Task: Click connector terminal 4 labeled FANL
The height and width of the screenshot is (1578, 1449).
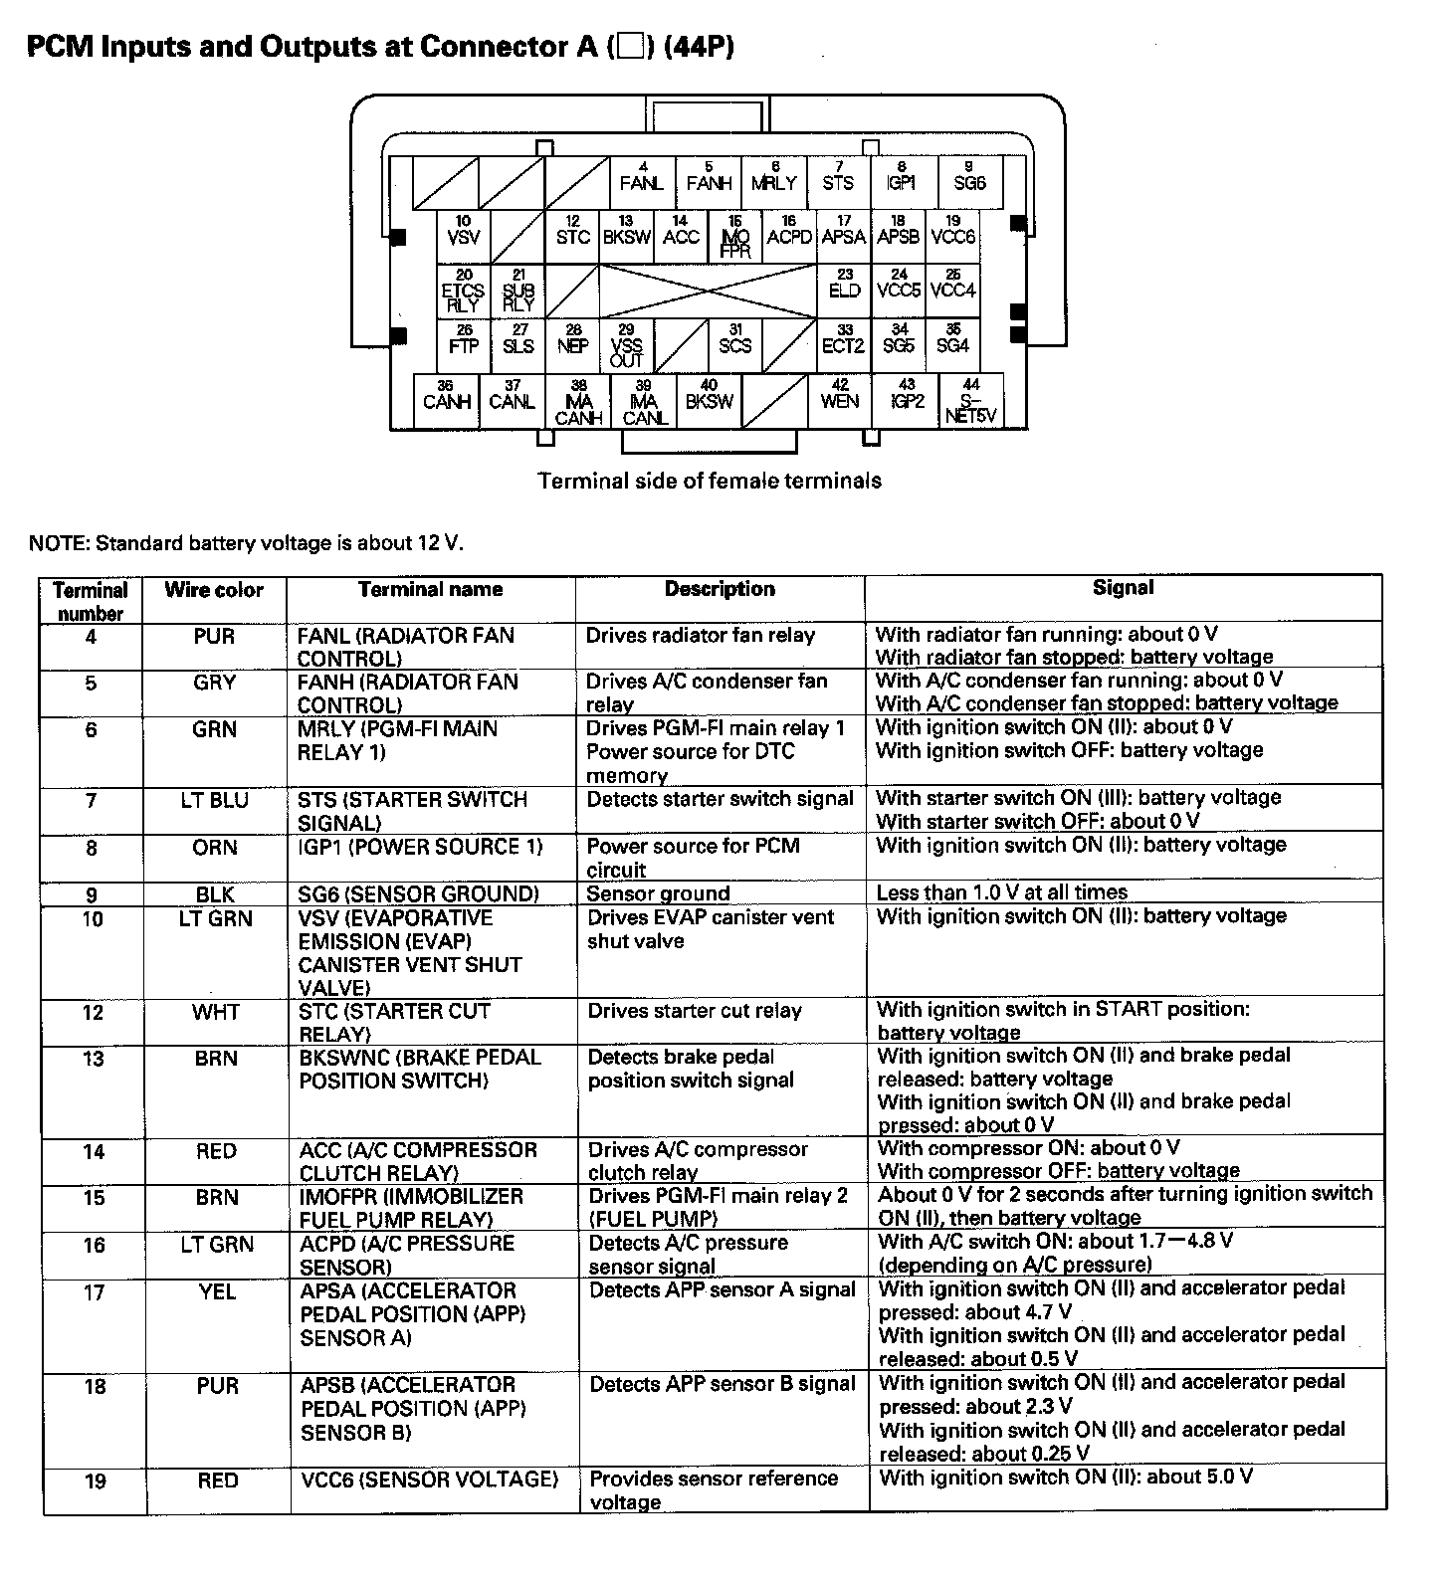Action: (642, 183)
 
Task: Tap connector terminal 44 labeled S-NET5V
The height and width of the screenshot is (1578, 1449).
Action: (971, 401)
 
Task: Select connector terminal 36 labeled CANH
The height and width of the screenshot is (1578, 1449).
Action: (446, 401)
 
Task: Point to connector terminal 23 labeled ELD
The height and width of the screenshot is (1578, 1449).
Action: (844, 291)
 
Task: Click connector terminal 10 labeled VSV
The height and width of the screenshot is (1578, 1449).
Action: (464, 237)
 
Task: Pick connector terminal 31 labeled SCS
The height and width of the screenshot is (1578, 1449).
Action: (734, 345)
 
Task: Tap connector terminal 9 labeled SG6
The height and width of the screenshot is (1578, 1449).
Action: (969, 183)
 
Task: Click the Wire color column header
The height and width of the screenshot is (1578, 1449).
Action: (214, 590)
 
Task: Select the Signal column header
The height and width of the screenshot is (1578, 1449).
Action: (1123, 588)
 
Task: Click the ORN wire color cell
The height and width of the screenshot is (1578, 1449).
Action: (215, 848)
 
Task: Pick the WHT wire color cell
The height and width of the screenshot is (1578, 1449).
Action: (216, 1012)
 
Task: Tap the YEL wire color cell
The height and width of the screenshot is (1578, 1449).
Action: (217, 1291)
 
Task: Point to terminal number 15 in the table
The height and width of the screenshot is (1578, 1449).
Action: (94, 1197)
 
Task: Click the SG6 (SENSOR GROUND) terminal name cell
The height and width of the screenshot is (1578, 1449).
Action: (419, 893)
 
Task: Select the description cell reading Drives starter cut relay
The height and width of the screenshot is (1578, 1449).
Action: (695, 1011)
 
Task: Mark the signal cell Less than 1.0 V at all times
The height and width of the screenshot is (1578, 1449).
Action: (1001, 892)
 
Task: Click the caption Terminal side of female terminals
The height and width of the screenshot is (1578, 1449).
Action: (710, 482)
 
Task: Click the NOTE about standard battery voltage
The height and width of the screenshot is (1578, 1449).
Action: (246, 543)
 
